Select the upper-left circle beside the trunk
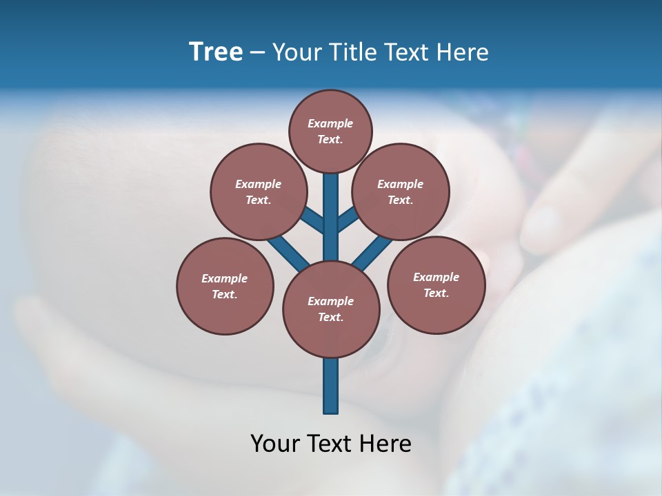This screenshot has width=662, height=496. (258, 192)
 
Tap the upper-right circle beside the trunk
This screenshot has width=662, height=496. (401, 192)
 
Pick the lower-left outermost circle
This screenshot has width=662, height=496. (225, 286)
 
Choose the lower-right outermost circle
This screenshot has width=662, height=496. (436, 285)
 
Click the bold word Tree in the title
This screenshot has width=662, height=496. (216, 52)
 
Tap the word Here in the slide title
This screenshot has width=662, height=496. (462, 52)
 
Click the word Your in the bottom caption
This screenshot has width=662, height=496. (274, 443)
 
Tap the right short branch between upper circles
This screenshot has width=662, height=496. (348, 220)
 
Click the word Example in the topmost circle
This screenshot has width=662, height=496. (330, 124)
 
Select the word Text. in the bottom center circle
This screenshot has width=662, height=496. (331, 318)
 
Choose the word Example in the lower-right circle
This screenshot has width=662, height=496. (436, 277)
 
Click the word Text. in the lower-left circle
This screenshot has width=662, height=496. (224, 295)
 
